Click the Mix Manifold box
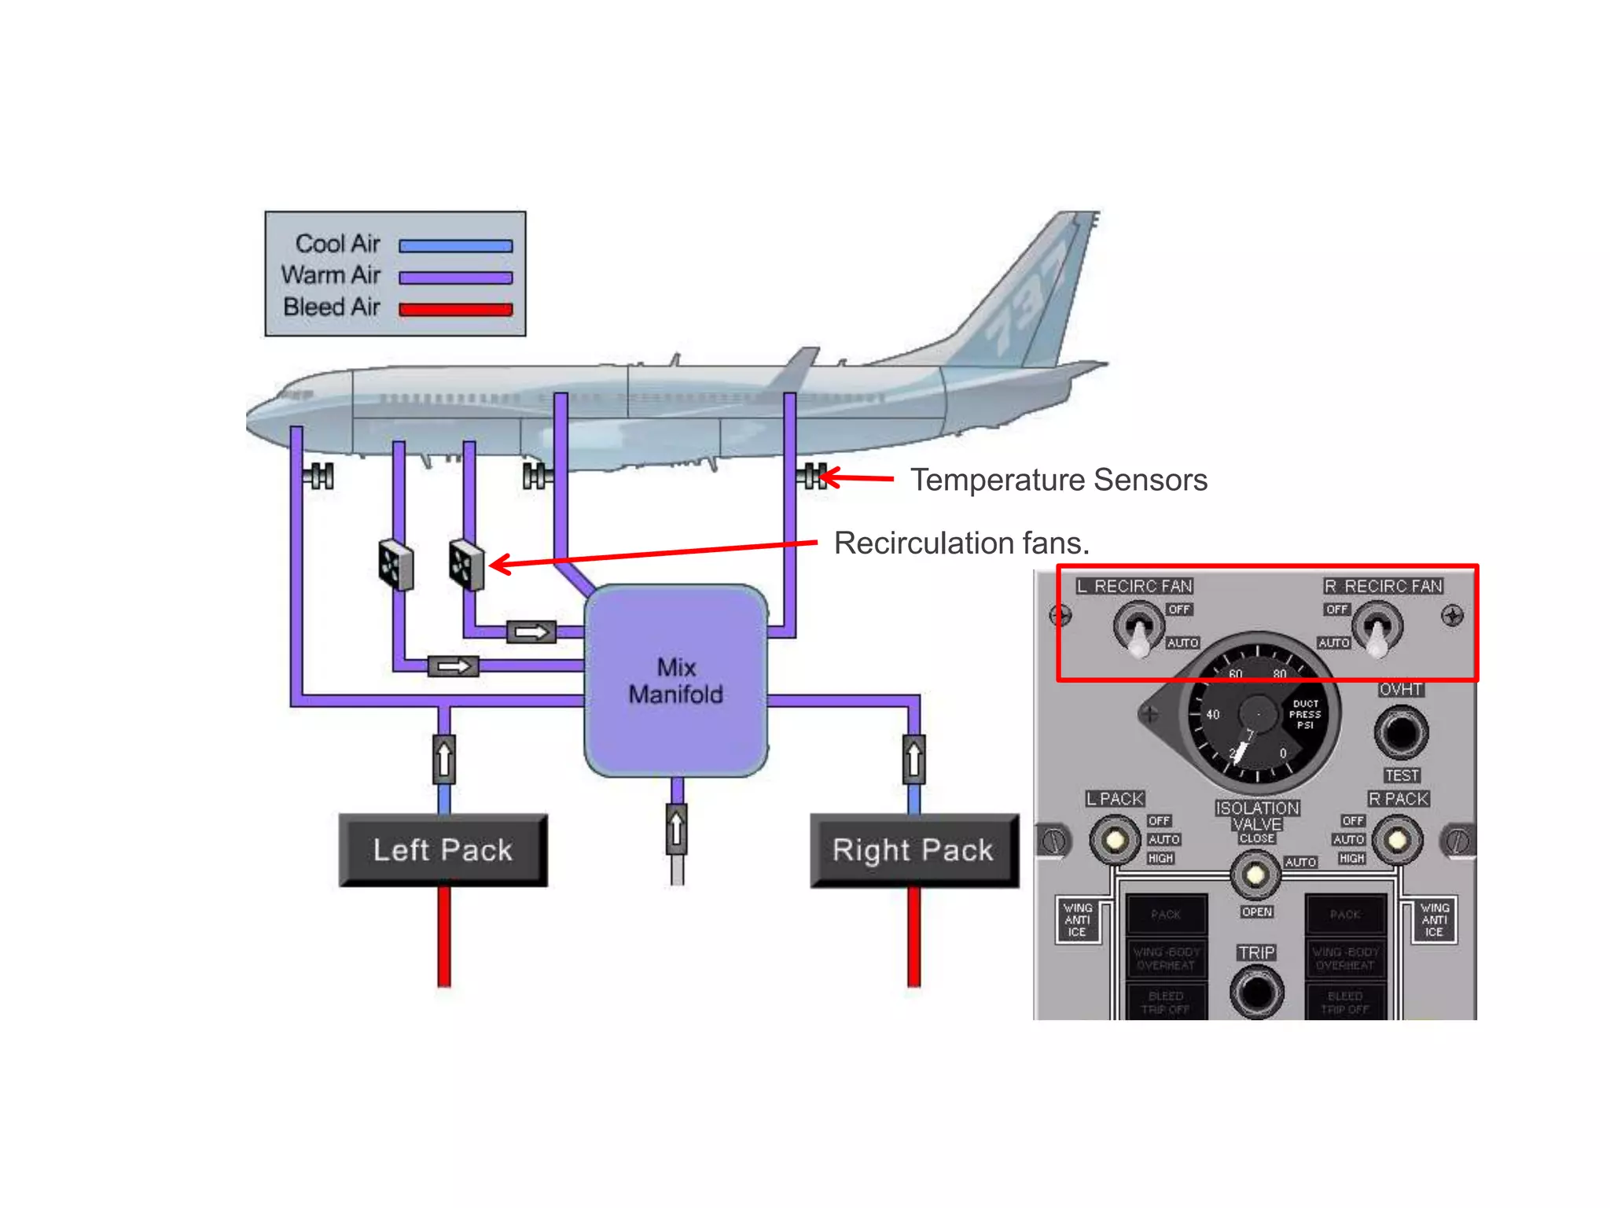tap(676, 681)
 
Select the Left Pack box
tap(443, 850)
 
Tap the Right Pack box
tap(913, 850)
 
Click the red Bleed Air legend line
tap(455, 309)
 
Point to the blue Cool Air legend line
tap(455, 246)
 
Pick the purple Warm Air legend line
tap(455, 278)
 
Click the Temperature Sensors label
tap(1058, 480)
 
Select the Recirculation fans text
tap(961, 543)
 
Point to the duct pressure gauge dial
tap(1258, 714)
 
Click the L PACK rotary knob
tap(1115, 840)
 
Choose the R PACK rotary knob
tap(1397, 840)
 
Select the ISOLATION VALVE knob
tap(1255, 874)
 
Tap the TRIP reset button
tap(1256, 992)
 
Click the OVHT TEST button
tap(1401, 732)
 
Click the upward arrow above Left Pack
tap(444, 759)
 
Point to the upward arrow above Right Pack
tap(913, 759)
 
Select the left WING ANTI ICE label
tap(1077, 919)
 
